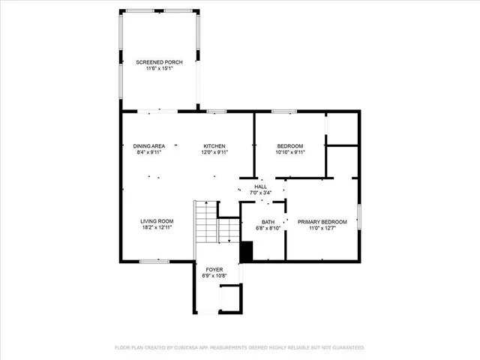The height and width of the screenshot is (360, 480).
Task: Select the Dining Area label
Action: pos(148,145)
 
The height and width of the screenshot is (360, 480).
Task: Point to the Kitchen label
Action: pos(214,145)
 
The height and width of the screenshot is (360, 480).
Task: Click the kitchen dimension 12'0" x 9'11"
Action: pos(214,152)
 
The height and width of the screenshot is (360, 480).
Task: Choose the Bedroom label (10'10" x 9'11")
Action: pos(289,145)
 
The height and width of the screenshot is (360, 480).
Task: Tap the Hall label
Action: pos(260,187)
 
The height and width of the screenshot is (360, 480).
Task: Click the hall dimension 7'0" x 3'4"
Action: pos(260,193)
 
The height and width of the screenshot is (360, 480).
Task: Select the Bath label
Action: pos(268,222)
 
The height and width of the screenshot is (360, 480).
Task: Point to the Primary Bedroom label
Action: pos(322,222)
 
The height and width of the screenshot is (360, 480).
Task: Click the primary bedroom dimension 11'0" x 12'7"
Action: pos(322,229)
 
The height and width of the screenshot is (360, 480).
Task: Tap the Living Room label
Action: pos(157,221)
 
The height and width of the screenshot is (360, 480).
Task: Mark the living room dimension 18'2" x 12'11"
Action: pos(157,228)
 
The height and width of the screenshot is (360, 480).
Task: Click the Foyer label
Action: pos(214,268)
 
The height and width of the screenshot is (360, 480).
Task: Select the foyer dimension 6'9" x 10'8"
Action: pos(214,275)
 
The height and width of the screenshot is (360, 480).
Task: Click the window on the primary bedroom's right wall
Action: pos(359,217)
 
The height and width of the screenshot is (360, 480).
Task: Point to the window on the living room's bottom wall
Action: pos(154,261)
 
